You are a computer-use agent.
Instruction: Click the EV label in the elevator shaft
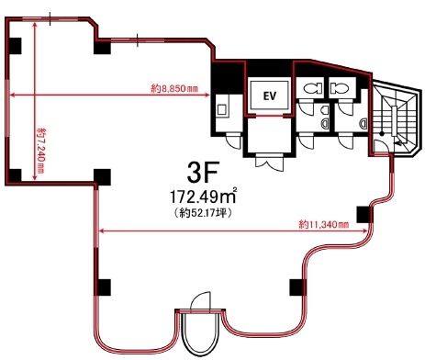[x=270, y=96]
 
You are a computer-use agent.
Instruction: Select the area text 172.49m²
[x=203, y=197]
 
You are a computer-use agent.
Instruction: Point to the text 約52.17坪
[x=202, y=213]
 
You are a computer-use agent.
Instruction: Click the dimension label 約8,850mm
[x=174, y=89]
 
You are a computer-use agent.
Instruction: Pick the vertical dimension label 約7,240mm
[x=40, y=151]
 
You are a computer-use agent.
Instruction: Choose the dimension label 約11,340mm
[x=324, y=224]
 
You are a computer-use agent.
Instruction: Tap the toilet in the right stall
[x=340, y=88]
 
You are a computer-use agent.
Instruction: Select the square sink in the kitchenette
[x=221, y=109]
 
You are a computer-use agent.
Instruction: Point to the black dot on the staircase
[x=382, y=133]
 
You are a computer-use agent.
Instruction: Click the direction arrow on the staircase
[x=399, y=142]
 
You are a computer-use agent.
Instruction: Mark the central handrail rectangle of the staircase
[x=394, y=120]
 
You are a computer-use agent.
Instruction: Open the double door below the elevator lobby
[x=270, y=163]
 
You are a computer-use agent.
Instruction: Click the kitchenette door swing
[x=233, y=141]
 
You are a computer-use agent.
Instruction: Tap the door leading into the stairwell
[x=382, y=145]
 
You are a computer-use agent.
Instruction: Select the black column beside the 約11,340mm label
[x=364, y=214]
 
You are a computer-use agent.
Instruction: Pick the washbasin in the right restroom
[x=363, y=123]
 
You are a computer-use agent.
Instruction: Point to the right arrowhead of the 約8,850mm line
[x=207, y=95]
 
